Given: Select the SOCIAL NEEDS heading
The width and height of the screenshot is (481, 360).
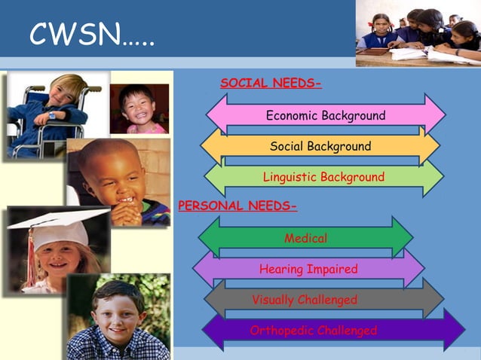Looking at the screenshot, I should (271, 83).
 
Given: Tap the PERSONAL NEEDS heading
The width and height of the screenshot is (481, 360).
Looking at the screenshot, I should (237, 206).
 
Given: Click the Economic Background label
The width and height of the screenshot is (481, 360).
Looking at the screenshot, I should (325, 115).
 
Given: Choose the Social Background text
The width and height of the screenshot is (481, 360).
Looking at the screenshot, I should (320, 146).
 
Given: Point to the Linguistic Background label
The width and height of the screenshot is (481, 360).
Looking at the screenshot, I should (323, 177).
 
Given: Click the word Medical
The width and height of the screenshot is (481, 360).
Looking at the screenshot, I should (305, 238).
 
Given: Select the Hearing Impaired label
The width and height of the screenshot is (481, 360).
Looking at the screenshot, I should (308, 269).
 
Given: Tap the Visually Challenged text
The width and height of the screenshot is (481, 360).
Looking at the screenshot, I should (305, 300).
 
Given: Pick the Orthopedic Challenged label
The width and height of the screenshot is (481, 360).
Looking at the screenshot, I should (313, 331).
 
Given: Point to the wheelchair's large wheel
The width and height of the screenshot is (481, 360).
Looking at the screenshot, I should (26, 136).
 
